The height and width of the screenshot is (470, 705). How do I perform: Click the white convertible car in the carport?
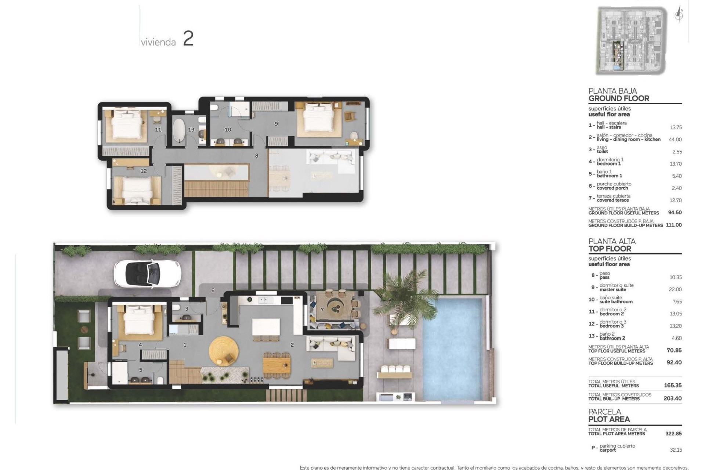[147, 274]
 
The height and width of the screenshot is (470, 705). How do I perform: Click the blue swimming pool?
[452, 349]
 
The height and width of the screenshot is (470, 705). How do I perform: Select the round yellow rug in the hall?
[223, 351]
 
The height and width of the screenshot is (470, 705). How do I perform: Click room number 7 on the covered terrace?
[322, 310]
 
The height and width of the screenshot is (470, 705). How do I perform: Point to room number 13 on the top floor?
[191, 130]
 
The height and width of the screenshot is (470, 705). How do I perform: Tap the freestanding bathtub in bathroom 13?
[179, 130]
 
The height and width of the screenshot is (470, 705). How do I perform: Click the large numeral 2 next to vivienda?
[188, 39]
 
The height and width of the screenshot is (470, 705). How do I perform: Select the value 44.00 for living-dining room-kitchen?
[675, 140]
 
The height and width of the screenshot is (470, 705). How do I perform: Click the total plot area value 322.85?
[673, 434]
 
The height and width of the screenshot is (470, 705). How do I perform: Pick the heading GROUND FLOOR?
[619, 98]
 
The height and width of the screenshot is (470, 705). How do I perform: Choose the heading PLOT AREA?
[609, 419]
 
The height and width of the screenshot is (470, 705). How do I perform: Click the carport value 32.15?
[676, 450]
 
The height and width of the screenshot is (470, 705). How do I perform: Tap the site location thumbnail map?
[631, 40]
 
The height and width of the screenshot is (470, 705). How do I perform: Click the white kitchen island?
[266, 326]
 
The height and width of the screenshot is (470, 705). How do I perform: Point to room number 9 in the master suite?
[276, 124]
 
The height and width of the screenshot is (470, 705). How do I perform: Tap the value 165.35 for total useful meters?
[673, 386]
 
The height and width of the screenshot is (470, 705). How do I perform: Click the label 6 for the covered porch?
[213, 290]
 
